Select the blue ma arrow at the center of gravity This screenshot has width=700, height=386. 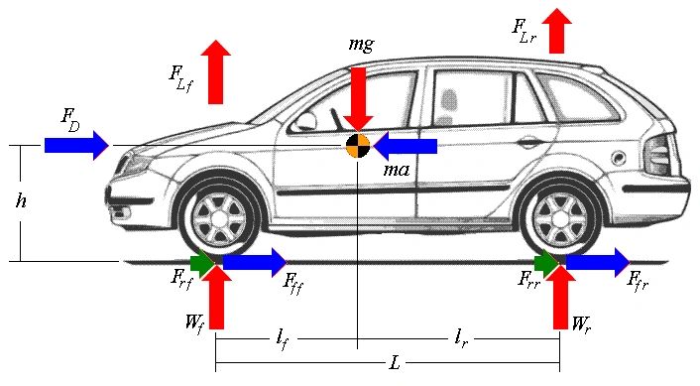pyautogui.click(x=406, y=146)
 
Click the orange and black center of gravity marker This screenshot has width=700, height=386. pyautogui.click(x=358, y=146)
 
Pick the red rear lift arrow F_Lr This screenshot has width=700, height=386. pyautogui.click(x=556, y=31)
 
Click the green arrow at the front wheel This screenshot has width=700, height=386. pyautogui.click(x=203, y=263)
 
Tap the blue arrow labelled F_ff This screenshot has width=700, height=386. pyautogui.click(x=254, y=262)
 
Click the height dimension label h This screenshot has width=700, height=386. pyautogui.click(x=21, y=201)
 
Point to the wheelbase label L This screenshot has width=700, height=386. pyautogui.click(x=395, y=363)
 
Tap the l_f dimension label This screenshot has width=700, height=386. pyautogui.click(x=284, y=339)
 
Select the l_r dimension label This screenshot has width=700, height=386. pyautogui.click(x=461, y=339)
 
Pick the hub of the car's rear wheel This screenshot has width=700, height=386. pyautogui.click(x=562, y=216)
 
